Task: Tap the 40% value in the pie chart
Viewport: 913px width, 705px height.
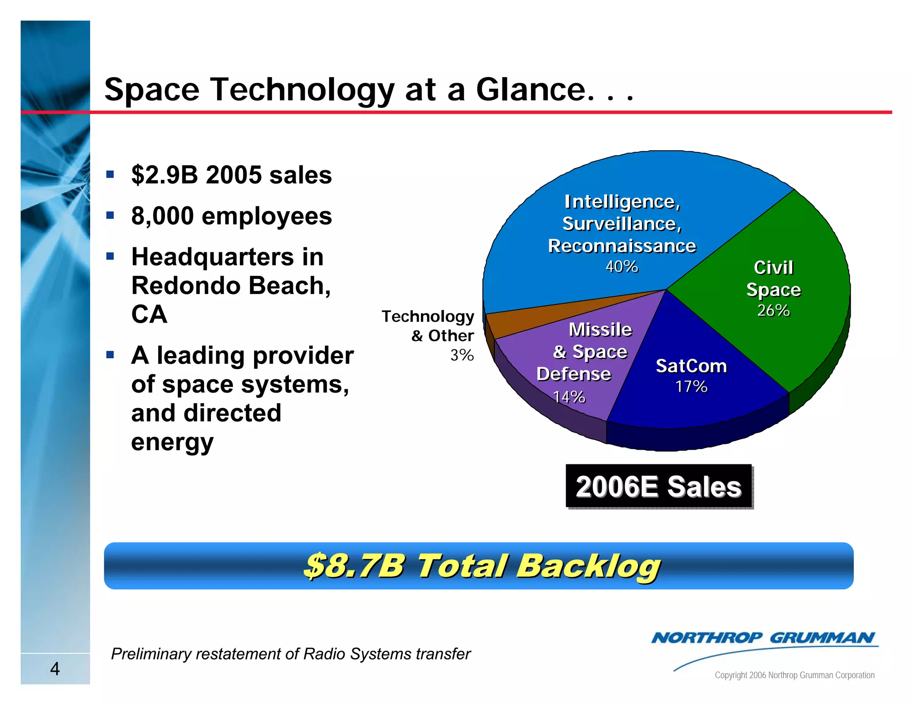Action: coord(621,266)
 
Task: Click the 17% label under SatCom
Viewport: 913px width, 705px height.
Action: coord(691,386)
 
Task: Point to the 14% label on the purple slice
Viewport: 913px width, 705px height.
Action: coord(569,397)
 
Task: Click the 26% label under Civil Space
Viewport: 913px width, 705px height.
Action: coord(773,310)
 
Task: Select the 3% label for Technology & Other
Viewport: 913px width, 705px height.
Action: coord(462,355)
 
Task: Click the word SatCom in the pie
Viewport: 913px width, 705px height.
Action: coord(691,366)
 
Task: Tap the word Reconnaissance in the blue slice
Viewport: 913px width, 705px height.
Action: coord(621,246)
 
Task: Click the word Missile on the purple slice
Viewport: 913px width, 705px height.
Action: coord(600,330)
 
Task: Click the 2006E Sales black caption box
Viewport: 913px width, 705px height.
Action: coord(658,486)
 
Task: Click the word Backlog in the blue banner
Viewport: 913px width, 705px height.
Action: coord(588,566)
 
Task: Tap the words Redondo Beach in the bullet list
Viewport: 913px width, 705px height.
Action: coord(231,286)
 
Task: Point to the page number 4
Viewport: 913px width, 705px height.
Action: coord(55,668)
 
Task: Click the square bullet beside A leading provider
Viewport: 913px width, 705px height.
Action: coord(110,355)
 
